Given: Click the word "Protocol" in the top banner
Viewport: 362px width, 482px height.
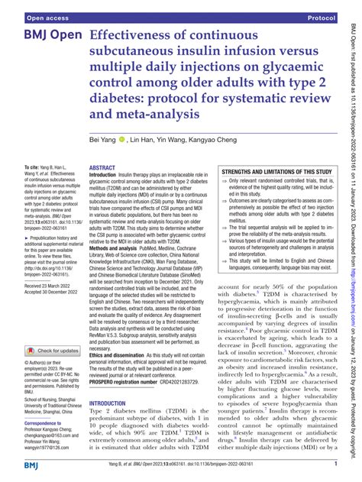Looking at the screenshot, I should (322, 16).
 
